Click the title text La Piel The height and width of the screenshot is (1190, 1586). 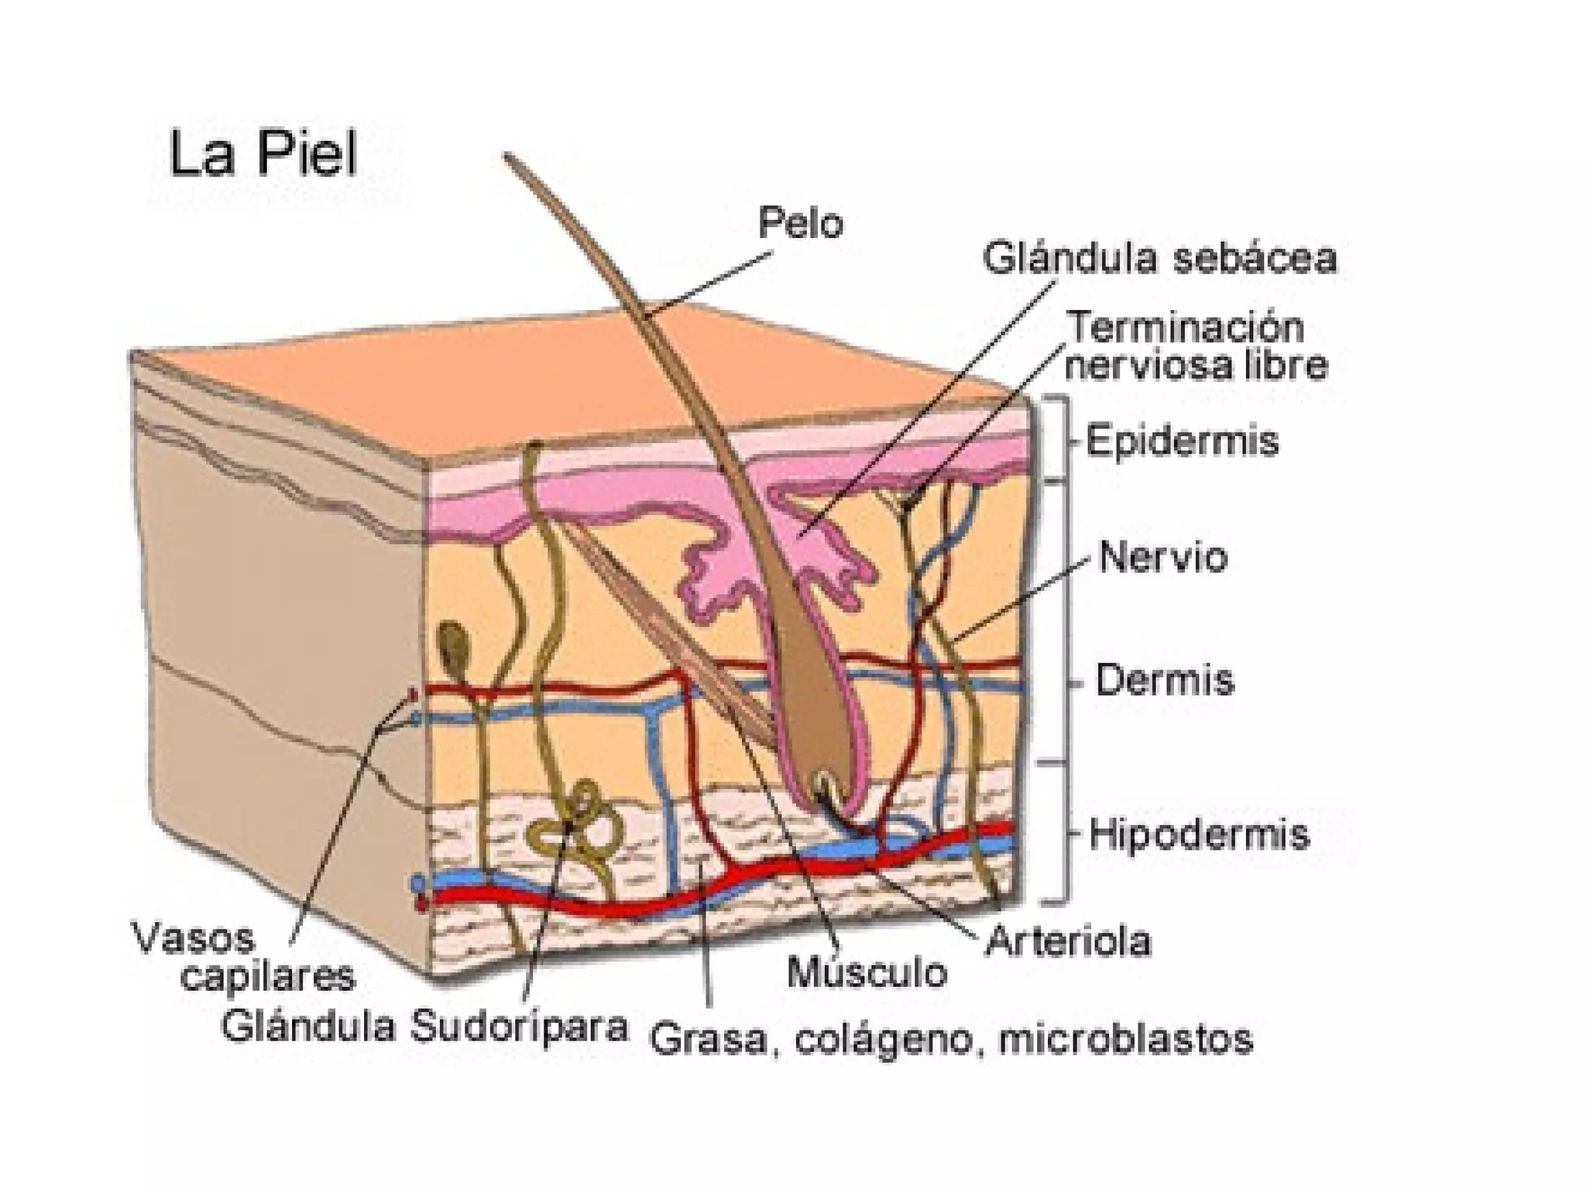[263, 155]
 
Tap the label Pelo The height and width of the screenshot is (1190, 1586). [800, 224]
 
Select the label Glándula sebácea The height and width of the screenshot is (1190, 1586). [1159, 259]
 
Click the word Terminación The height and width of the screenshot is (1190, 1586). [1186, 328]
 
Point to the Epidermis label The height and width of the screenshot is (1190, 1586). [1182, 442]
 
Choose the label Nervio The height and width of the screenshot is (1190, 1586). [1162, 558]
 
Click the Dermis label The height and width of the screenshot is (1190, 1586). [1164, 680]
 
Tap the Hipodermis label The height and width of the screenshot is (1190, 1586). [1199, 834]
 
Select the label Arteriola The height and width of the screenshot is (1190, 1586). [1067, 942]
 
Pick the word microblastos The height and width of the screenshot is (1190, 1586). [1126, 1039]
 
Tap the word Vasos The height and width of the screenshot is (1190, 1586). [194, 939]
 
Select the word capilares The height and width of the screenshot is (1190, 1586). [268, 978]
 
